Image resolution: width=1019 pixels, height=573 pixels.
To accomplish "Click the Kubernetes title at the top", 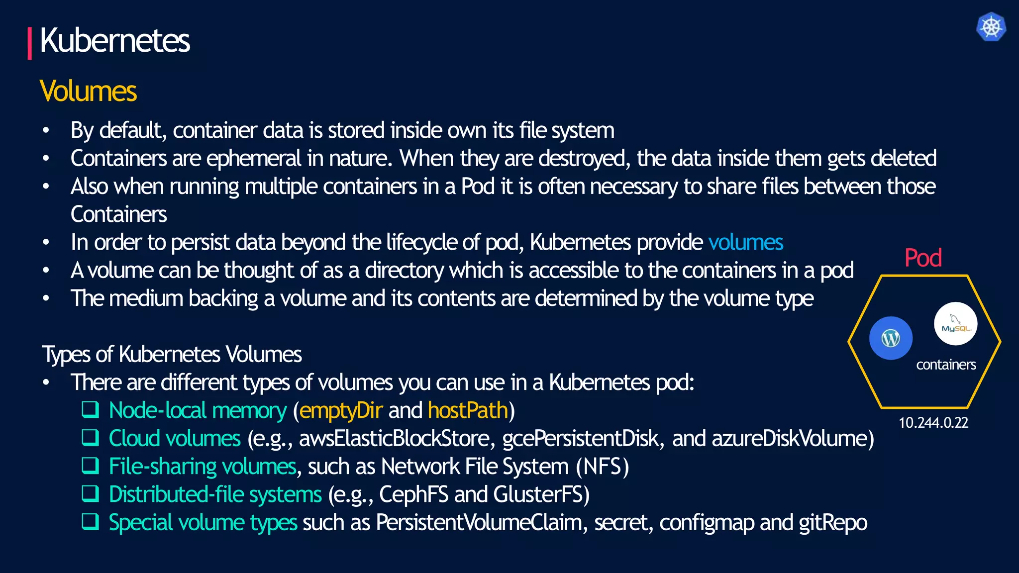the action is pos(114,41).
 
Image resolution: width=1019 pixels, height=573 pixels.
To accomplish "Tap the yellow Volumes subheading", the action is pos(88,92).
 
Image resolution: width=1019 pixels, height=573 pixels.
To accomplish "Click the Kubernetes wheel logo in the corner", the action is pos(991,27).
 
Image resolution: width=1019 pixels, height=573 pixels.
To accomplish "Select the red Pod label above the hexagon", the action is pos(922,258).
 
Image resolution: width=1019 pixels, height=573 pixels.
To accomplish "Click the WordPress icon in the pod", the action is pos(891,338).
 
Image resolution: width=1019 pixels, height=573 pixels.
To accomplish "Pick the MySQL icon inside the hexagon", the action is pos(955,324).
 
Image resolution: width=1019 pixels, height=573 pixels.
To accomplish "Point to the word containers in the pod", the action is pos(946,365).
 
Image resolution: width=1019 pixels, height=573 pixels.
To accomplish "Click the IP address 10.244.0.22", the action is pos(933,423).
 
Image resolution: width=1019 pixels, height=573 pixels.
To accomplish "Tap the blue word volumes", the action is pos(745,243).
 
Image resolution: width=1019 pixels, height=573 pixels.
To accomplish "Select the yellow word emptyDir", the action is pos(341,411).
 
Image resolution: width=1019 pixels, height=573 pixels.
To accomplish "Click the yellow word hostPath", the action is pos(468,411).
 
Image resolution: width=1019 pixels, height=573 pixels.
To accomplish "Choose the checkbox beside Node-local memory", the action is pos(91,410).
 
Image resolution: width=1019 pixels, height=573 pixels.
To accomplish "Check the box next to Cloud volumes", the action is pos(91,438).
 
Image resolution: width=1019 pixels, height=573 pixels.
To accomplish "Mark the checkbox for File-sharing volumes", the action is pos(91,466).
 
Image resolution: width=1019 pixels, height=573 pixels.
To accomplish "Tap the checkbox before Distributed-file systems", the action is pos(91,493).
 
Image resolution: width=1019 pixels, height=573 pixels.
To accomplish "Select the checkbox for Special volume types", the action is pos(91,521).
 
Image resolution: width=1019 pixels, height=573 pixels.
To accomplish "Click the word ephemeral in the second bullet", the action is pos(253,159).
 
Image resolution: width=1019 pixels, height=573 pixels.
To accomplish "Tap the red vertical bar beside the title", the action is pos(30,43).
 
